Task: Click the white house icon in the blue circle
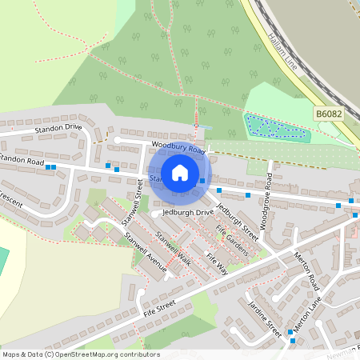coord(180,172)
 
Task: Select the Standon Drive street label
coord(57,127)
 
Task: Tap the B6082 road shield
coord(328,115)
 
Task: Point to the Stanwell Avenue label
coord(142,253)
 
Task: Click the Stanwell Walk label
coord(173,248)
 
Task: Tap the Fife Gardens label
coord(232,239)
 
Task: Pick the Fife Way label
coord(217,263)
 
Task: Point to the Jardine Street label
coord(265,318)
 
